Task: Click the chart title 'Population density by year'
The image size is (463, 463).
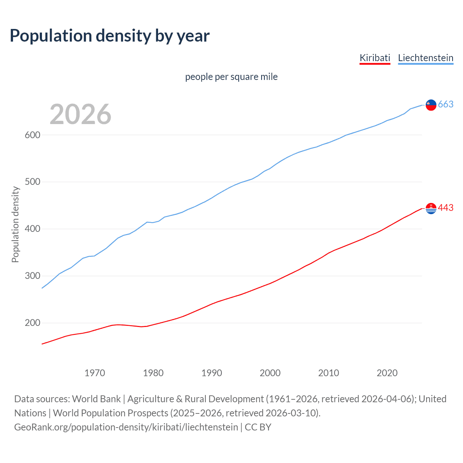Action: click(110, 36)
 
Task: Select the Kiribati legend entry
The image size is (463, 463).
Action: click(375, 58)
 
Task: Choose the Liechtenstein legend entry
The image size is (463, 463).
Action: click(425, 58)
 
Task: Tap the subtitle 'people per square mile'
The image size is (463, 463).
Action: click(231, 77)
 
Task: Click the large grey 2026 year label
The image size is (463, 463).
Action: click(80, 114)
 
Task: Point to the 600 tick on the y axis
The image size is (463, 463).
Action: click(32, 135)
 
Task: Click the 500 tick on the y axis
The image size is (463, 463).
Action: click(32, 182)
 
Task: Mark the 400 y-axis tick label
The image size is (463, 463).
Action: click(32, 229)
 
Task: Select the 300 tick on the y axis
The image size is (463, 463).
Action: click(32, 276)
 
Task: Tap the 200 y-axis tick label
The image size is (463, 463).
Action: click(32, 323)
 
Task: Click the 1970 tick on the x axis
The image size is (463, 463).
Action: click(95, 373)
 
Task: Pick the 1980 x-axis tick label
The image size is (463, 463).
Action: click(153, 373)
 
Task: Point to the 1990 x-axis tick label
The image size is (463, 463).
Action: click(212, 373)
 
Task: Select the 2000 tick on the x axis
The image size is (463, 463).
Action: click(270, 373)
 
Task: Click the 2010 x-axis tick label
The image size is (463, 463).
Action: click(328, 373)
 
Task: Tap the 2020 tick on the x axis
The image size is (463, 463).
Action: click(387, 373)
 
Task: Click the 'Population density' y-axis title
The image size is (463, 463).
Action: click(15, 224)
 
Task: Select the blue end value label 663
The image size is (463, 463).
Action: click(446, 105)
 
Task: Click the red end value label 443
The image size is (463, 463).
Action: click(446, 208)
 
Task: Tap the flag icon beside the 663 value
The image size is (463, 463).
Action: click(431, 105)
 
